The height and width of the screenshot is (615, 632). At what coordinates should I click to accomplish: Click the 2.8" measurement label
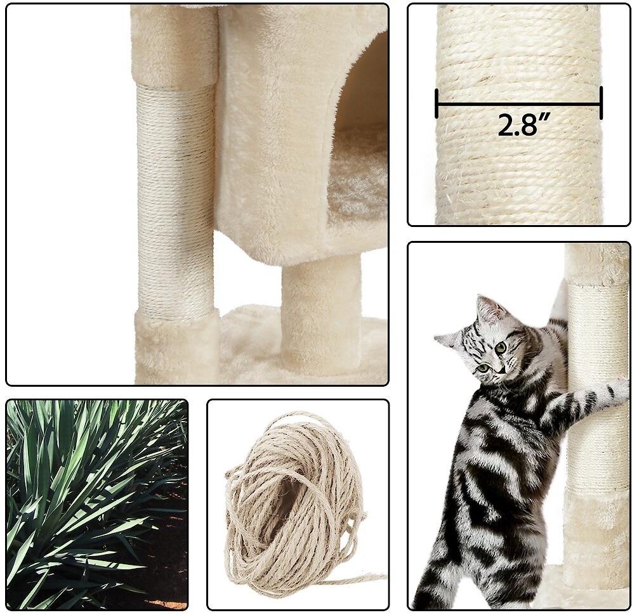click(523, 125)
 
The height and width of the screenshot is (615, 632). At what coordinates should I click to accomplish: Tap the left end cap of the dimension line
click(437, 103)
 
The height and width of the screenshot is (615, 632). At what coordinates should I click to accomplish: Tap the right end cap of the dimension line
click(601, 103)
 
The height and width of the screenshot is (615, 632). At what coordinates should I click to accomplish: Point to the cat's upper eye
click(501, 347)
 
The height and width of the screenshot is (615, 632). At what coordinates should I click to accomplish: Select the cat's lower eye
click(484, 367)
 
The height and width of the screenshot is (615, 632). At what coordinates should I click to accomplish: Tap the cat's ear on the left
click(447, 337)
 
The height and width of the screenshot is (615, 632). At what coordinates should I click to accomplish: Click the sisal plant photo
click(97, 504)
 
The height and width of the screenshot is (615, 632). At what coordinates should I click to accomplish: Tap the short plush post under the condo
click(321, 314)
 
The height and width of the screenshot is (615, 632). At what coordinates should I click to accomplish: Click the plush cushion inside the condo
click(359, 181)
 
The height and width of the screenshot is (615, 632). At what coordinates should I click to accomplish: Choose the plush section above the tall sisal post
click(174, 45)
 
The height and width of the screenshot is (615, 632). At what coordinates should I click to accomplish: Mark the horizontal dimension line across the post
click(519, 103)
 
